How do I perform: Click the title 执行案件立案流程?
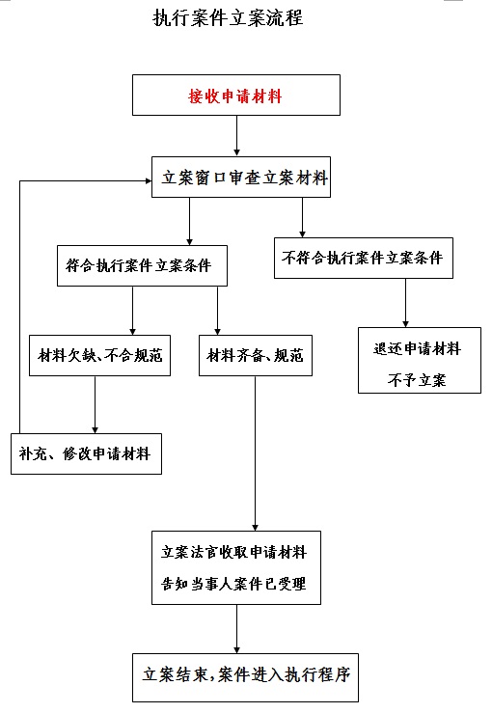coord(228,18)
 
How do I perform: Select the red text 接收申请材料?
coord(235,96)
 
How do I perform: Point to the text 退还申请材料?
coord(418,348)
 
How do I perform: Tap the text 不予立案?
coord(417,380)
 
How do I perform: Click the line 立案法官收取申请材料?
coord(233,552)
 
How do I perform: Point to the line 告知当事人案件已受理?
coord(233,584)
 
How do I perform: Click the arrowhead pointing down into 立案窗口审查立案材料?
coord(236,152)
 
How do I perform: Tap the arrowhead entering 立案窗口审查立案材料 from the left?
coord(148,181)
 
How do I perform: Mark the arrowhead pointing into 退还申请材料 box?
coord(405,323)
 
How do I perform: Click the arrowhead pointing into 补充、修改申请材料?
coord(96,429)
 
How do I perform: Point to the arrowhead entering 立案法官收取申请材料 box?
coord(255,527)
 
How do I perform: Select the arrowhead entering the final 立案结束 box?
coord(236,649)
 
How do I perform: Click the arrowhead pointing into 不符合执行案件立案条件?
coord(302,233)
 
